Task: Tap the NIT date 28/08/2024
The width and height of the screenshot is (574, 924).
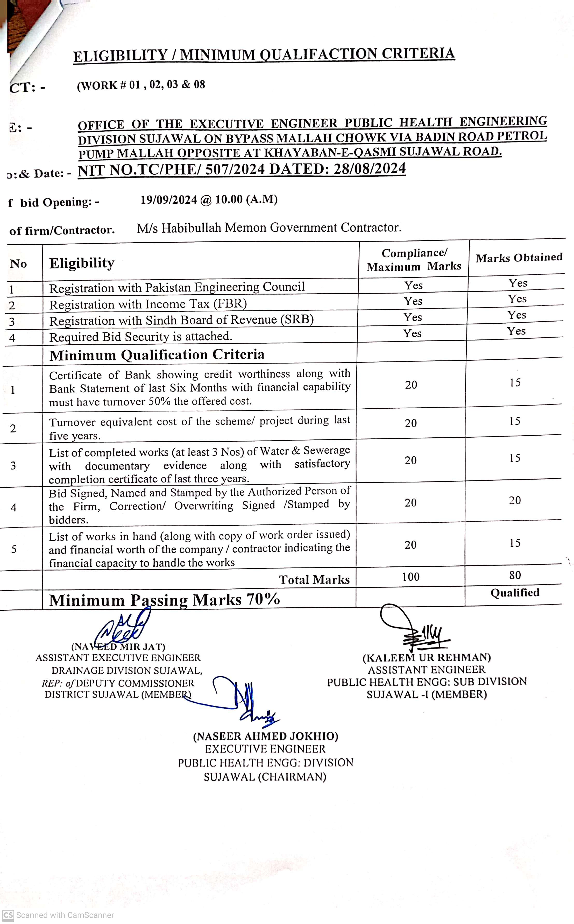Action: [369, 168]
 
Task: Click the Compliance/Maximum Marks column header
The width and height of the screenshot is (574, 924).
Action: [414, 260]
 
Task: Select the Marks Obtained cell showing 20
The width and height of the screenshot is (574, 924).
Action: [515, 501]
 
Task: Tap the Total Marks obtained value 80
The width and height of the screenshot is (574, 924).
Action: [515, 575]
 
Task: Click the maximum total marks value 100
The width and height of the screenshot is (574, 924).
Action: [411, 577]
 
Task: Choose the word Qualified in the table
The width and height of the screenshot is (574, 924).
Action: [515, 593]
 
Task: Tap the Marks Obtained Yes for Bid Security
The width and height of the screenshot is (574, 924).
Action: [516, 331]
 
